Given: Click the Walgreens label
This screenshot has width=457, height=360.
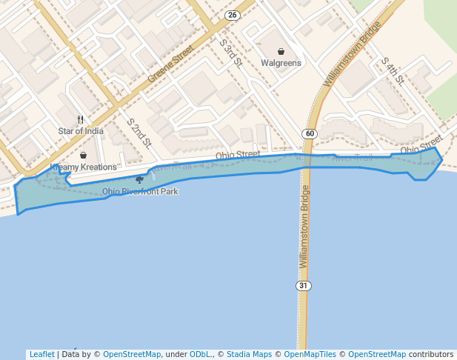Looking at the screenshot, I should [281, 63].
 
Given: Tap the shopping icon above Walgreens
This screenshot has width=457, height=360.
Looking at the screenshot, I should [281, 52].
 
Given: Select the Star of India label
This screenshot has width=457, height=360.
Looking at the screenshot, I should [81, 131].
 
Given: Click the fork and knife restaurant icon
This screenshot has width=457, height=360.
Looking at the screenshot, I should [81, 119].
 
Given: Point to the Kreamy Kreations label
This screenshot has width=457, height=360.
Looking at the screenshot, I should [84, 167].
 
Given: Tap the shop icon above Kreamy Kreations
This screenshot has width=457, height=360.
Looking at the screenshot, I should [83, 156].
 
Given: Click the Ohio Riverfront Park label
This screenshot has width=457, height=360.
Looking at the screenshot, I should [140, 191].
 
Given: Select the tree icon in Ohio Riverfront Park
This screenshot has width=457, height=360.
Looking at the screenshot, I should [139, 179].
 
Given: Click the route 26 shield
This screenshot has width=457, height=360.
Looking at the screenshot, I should [233, 15].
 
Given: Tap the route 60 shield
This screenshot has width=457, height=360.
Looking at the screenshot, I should [309, 133].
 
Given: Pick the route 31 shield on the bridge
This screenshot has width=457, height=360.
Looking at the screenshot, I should [303, 285].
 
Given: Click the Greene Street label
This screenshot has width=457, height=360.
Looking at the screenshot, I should [170, 64].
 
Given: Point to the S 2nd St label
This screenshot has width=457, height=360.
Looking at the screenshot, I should [139, 133].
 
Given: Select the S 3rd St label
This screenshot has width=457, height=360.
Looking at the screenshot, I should [230, 51].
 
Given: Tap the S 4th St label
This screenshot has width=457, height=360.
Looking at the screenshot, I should [391, 71].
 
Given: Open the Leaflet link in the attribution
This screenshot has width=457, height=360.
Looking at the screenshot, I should [41, 354].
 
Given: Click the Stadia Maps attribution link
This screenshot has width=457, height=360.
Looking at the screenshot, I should [249, 354].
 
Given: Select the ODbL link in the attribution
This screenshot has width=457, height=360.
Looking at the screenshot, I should [199, 354].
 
